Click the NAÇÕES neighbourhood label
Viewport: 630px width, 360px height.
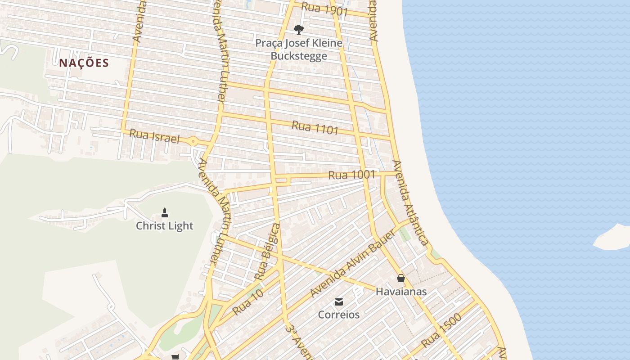tap(84, 63)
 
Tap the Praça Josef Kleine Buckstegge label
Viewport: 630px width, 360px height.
tap(299, 49)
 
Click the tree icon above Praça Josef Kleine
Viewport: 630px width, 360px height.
tap(298, 30)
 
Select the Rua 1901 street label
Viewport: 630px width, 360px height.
tap(325, 9)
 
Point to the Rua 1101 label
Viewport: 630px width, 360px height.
tap(315, 127)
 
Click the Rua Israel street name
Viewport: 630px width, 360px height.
tap(154, 136)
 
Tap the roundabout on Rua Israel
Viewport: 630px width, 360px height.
tap(193, 141)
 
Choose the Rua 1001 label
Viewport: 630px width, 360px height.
tap(351, 175)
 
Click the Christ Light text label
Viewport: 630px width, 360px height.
tap(165, 226)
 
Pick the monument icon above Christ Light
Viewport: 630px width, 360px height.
tap(165, 212)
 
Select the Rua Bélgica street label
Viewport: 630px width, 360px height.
tap(268, 251)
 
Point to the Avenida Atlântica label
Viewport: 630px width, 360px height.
tap(410, 203)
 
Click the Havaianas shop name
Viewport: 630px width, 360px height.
tap(401, 292)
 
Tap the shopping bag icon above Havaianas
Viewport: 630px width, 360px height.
tap(401, 279)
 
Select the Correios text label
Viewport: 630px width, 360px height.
tap(339, 315)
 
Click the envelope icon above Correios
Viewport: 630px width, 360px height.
tap(339, 301)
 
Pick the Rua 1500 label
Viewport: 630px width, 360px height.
tap(441, 331)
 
